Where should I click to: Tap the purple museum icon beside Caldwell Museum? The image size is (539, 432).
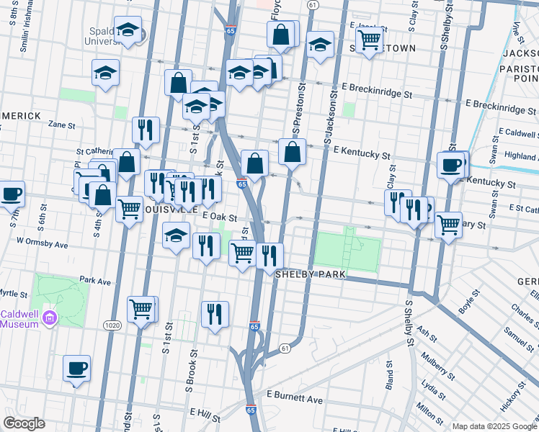tap(49, 317)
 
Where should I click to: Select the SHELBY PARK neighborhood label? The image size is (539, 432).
tap(306, 275)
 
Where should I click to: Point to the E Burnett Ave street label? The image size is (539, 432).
tap(295, 397)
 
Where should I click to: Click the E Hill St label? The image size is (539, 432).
tap(205, 413)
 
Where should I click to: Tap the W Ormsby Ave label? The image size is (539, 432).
tap(42, 244)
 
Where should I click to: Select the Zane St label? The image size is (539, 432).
tap(61, 125)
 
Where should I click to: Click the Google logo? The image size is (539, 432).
tap(24, 423)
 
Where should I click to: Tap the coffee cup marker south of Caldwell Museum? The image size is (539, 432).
tap(76, 369)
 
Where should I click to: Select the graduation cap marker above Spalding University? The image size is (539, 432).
tap(128, 30)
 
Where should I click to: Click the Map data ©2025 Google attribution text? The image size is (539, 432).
tap(494, 426)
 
